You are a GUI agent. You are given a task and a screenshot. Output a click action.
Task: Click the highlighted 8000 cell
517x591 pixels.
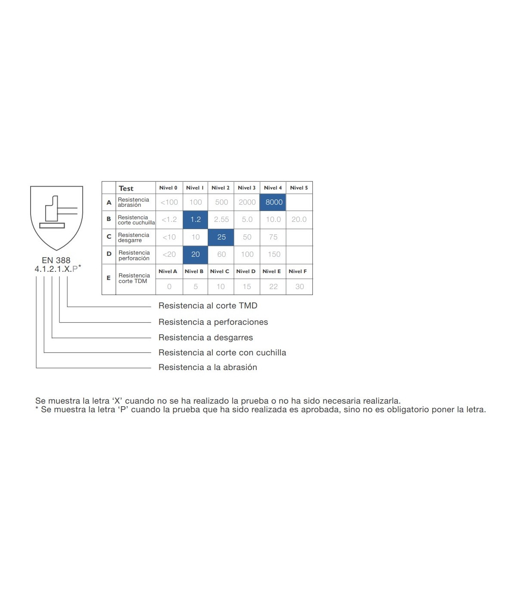pos(273,202)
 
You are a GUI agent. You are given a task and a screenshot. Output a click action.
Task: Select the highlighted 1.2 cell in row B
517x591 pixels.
pos(195,220)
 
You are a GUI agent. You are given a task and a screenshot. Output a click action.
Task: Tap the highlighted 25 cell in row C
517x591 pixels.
pos(221,237)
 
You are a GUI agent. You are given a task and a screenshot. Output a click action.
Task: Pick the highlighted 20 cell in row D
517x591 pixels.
pos(195,255)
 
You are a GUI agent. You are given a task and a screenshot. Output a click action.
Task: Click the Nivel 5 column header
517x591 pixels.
pos(299,188)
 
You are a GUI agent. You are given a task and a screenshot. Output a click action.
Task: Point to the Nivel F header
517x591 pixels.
pos(298,271)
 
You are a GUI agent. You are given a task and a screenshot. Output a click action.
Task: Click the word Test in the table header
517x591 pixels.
pos(126,188)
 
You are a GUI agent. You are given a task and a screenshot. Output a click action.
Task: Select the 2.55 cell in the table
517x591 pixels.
pos(221,220)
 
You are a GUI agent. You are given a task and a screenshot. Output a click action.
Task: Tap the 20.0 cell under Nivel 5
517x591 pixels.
pos(299,220)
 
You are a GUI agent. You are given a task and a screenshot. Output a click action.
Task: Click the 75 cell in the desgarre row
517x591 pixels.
pos(273,237)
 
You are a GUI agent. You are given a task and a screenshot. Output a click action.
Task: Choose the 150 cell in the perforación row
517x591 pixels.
pos(274,255)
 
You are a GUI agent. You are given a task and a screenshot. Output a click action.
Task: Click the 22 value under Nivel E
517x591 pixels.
pos(273,286)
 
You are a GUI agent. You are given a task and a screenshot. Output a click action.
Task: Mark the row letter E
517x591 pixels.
pos(109,278)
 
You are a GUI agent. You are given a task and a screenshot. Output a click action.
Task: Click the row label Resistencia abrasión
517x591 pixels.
pos(134,202)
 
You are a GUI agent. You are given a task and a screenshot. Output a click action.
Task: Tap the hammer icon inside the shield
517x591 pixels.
pos(58,212)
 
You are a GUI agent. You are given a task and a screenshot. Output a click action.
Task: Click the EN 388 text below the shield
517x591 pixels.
pos(56,260)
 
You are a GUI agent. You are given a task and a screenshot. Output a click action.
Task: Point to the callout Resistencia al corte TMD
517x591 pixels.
pos(208,305)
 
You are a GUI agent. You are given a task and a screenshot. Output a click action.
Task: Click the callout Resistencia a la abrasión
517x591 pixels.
pos(208,367)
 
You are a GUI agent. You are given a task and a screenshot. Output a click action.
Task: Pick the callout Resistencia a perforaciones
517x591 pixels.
pos(213,322)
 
